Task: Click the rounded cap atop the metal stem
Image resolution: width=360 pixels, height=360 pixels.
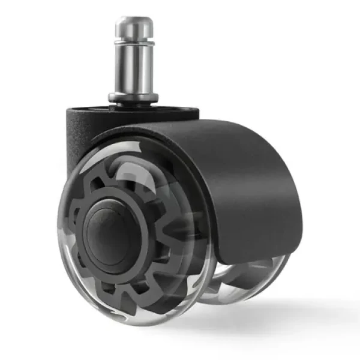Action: click(134, 26)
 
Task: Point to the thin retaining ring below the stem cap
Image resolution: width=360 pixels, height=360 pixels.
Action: click(134, 42)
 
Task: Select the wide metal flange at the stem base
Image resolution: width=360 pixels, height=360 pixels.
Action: click(134, 96)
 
